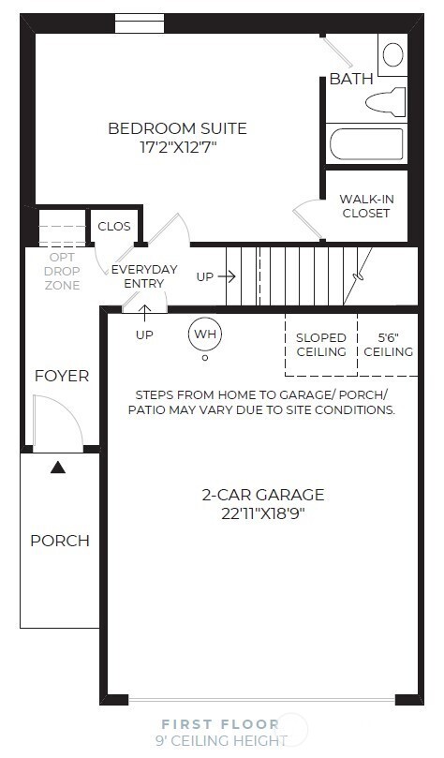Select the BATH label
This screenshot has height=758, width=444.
(350, 79)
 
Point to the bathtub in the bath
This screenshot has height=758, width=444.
(366, 144)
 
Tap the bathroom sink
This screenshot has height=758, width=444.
(392, 53)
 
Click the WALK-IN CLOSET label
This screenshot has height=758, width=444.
(365, 205)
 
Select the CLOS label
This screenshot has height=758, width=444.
(113, 226)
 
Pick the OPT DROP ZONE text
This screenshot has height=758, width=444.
(62, 271)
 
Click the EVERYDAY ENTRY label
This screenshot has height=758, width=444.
(144, 276)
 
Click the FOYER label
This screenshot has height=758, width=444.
(61, 376)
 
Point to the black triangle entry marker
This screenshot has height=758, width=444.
(58, 467)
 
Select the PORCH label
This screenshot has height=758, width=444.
(60, 541)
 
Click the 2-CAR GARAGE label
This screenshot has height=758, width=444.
(263, 495)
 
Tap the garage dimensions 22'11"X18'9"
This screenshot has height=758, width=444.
(263, 513)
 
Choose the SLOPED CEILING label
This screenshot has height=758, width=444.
(321, 345)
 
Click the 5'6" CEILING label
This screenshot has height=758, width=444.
(388, 345)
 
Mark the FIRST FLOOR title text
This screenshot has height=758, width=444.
(219, 723)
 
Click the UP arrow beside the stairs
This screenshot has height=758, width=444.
(215, 276)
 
